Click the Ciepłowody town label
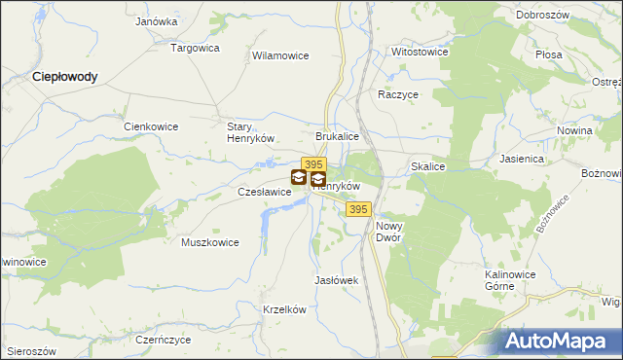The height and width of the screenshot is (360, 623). coord(64,76)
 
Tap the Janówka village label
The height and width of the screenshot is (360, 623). coord(157,20)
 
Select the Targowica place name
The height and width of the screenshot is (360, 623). coord(195,47)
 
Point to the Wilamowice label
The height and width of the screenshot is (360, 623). coord(280,55)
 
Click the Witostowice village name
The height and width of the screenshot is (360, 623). coord(419,51)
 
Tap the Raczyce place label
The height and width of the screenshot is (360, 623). coord(398,95)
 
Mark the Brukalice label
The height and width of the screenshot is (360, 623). coord(338,137)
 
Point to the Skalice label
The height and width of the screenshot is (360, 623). coord(428,167)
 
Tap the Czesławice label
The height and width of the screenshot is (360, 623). coord(265,193)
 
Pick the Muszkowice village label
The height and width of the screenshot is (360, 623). coord(210,242)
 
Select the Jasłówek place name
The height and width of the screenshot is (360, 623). coord(338,280)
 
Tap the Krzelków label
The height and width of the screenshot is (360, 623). coord(285,309)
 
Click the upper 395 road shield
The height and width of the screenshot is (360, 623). coord(312,164)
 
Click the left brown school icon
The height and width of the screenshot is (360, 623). coord(298,178)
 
